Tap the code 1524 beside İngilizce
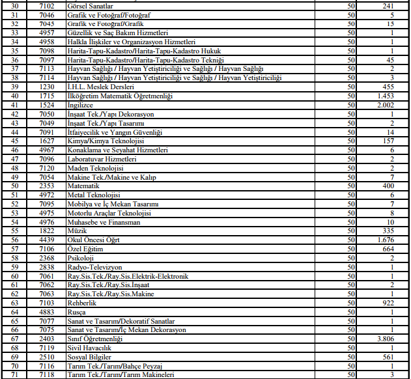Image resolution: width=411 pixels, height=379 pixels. [47, 104]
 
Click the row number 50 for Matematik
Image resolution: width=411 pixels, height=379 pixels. [15, 186]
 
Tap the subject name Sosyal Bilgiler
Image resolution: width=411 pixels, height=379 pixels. [91, 357]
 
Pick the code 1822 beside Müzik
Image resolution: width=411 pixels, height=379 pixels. [47, 231]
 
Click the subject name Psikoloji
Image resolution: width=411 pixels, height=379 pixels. [81, 258]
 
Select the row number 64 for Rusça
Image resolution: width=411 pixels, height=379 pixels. [15, 312]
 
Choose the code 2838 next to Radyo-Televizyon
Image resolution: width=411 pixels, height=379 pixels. [47, 267]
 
